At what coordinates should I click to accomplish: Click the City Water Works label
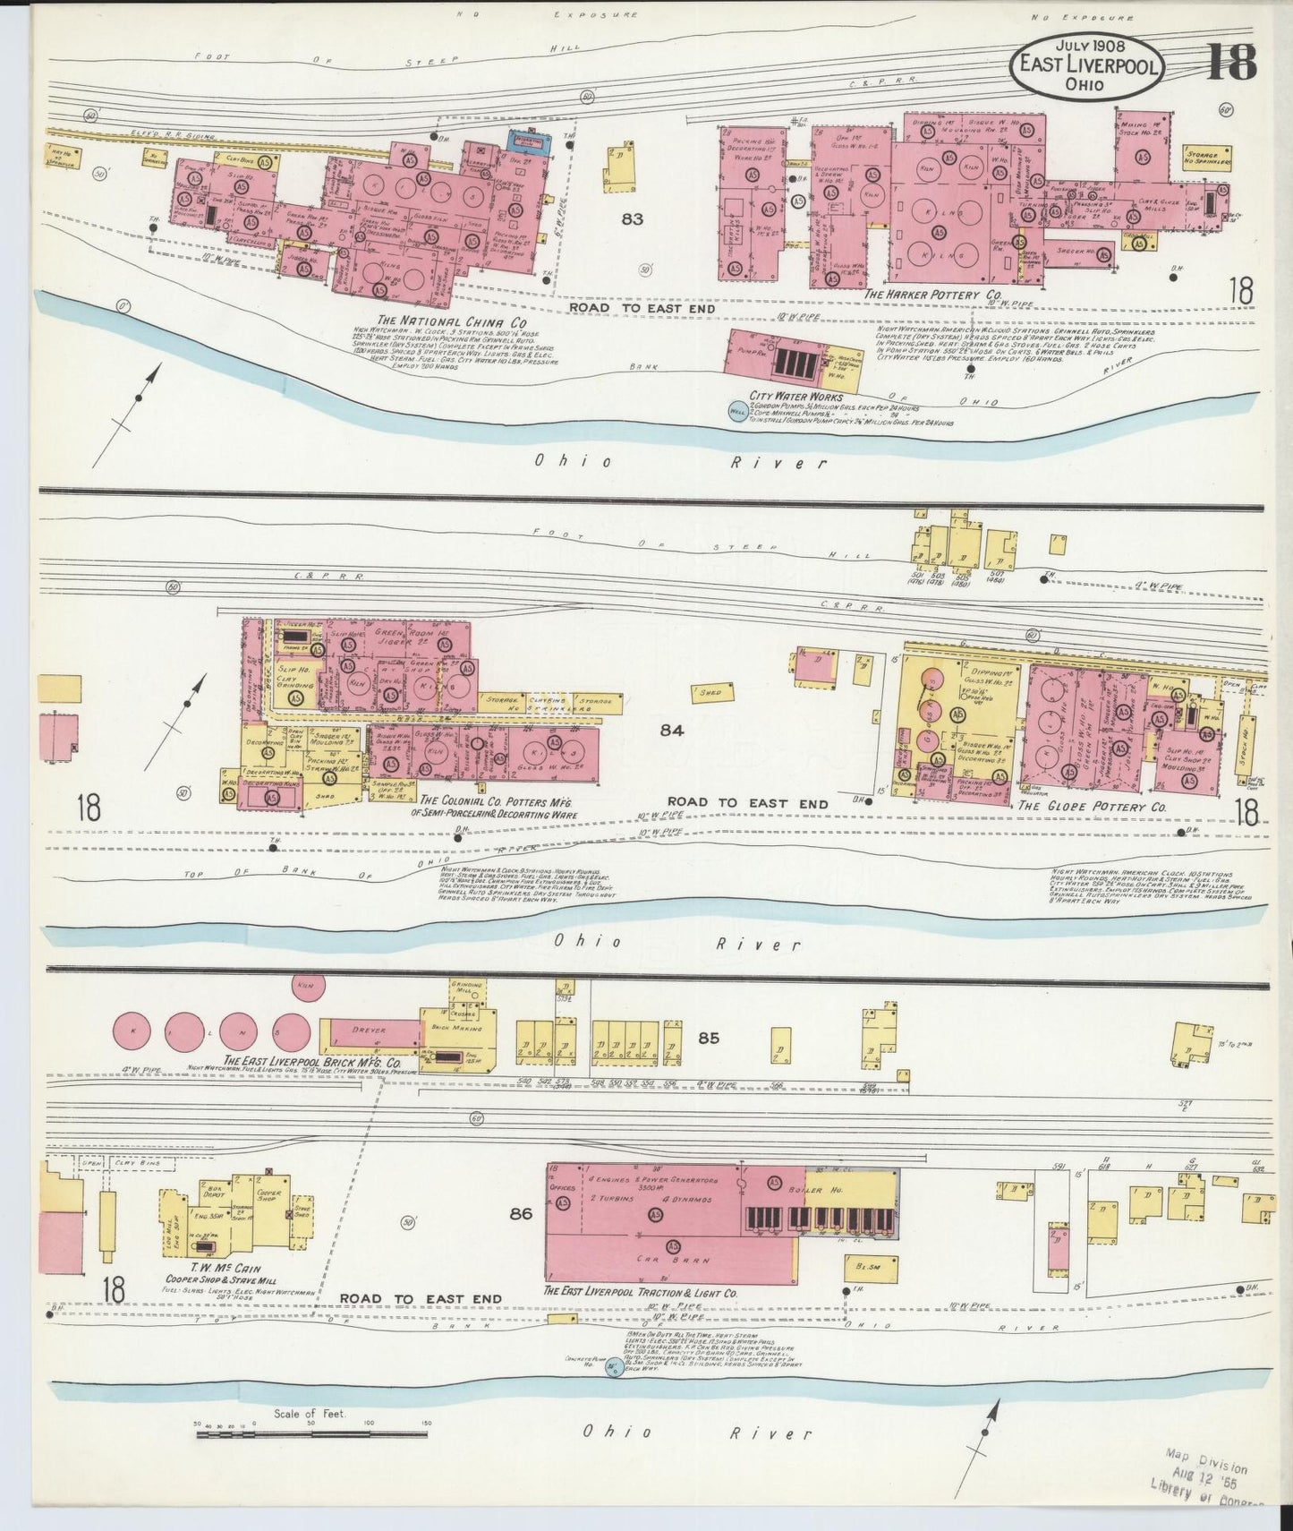tap(795, 397)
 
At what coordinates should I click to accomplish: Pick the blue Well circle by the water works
tap(737, 412)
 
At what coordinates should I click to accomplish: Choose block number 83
tap(633, 218)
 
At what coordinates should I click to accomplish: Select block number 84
tap(672, 731)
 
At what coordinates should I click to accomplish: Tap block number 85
tap(709, 1039)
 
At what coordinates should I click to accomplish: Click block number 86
tap(521, 1214)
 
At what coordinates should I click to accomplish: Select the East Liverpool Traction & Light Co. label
tap(640, 1293)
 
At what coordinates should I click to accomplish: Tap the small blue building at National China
tap(530, 141)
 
